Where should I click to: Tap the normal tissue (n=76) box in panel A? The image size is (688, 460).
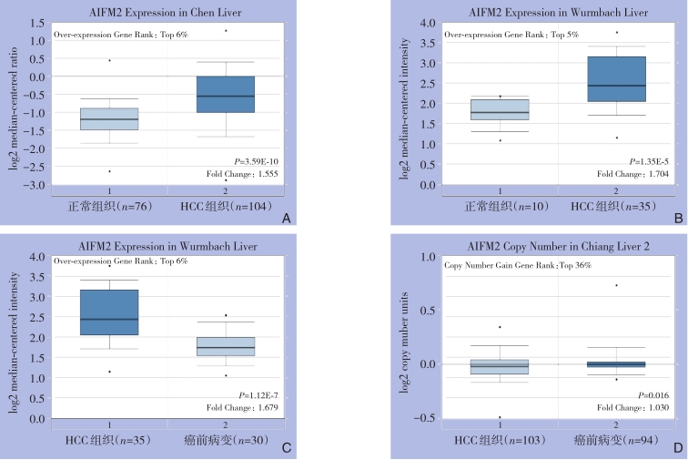(109, 118)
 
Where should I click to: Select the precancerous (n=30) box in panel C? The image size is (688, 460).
(226, 346)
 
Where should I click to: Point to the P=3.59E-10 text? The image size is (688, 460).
(256, 161)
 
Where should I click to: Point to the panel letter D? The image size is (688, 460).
(678, 449)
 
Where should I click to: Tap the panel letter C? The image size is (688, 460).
(287, 449)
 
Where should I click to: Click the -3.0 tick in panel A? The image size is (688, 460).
(34, 185)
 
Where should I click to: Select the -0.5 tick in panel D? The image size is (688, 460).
(421, 418)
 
